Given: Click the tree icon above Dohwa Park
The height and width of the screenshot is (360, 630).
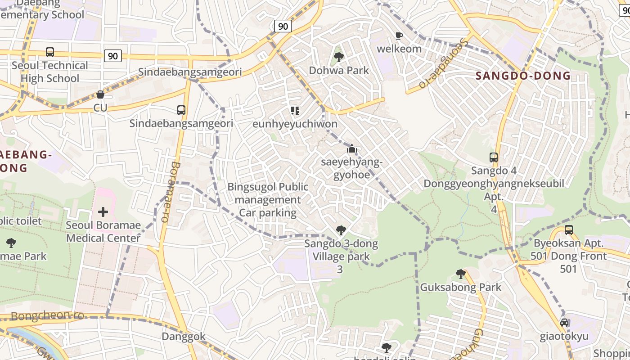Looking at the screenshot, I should click(339, 57).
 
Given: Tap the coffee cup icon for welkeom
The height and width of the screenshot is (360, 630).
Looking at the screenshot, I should click(399, 36).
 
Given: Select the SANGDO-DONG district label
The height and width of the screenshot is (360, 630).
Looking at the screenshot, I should click(523, 75).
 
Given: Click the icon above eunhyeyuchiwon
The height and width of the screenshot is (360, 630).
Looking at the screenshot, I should click(295, 110).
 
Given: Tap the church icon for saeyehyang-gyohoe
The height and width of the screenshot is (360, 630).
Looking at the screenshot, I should click(351, 149).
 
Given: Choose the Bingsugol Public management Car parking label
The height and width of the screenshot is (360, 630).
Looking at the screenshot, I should click(268, 200).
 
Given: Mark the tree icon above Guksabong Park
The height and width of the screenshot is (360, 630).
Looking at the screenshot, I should click(460, 274).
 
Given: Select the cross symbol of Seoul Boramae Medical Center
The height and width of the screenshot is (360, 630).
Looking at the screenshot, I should click(103, 211).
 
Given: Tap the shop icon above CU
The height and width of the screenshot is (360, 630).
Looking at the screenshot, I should click(100, 94).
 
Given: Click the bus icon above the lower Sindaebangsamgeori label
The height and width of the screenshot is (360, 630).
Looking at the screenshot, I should click(181, 110).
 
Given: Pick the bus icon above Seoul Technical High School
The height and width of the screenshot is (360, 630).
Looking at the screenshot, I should click(50, 52).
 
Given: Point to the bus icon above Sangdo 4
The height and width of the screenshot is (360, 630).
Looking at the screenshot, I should click(494, 157).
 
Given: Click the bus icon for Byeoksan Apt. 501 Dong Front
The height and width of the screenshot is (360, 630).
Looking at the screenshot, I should click(569, 230).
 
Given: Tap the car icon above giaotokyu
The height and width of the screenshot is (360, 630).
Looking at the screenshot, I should click(564, 323).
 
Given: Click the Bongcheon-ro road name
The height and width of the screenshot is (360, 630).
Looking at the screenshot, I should click(47, 315).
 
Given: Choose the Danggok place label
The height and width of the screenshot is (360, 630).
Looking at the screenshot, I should click(184, 337).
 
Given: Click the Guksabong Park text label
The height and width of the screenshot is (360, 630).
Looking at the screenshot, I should click(460, 287).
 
